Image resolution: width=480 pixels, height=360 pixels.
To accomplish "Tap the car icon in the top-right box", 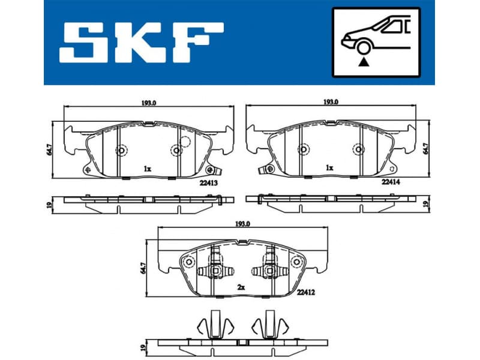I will pos(373,35).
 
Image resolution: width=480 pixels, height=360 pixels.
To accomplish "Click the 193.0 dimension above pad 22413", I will pos(149,103).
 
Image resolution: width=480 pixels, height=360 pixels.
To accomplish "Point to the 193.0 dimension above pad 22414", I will pos(331,103).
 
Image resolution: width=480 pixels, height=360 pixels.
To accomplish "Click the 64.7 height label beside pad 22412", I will pos(143,266).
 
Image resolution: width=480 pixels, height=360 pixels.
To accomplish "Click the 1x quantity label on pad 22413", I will pos(147,169).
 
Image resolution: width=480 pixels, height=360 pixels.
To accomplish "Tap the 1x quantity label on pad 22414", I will pos(329,169).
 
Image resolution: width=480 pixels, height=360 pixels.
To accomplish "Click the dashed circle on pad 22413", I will pos(184,143).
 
